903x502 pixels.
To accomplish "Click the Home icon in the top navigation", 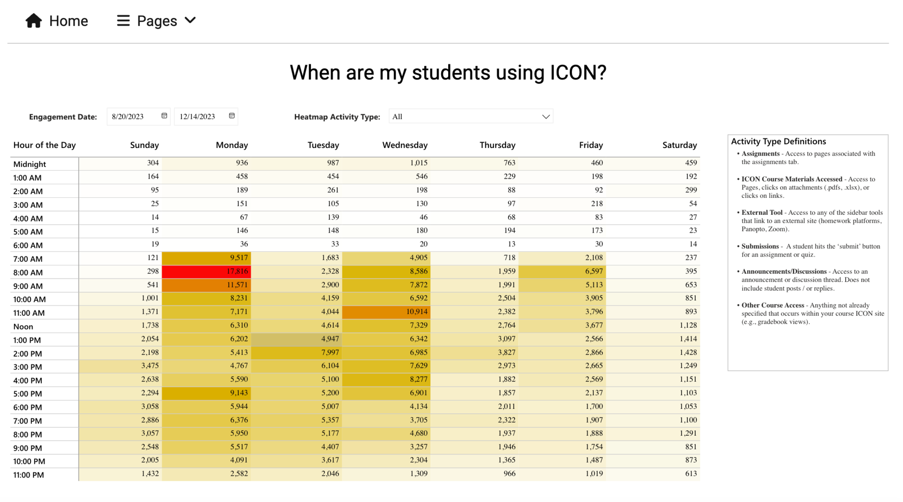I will [x=33, y=21].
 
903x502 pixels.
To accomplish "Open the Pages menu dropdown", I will [x=156, y=21].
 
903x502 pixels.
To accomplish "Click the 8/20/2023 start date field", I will [x=134, y=117].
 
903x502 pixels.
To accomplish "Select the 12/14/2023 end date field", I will [x=202, y=117].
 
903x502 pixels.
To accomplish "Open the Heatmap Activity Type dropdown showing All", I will [x=471, y=117].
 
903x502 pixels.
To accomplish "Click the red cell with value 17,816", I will [x=206, y=271].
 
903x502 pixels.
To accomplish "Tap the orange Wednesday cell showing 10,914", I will [x=386, y=312].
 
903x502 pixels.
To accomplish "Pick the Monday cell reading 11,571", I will [x=206, y=285].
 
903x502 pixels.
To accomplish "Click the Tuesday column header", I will [x=323, y=145].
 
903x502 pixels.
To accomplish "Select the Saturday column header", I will [x=679, y=145].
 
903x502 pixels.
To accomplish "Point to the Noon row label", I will [x=23, y=327].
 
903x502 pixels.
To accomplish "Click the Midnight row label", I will [x=30, y=164].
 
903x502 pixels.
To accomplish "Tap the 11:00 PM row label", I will [x=29, y=475].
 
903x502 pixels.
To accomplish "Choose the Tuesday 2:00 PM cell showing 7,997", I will [x=297, y=353].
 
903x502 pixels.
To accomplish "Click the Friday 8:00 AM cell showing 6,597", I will [x=562, y=271].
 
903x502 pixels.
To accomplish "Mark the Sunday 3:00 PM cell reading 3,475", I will [x=120, y=366].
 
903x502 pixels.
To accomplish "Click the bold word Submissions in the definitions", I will [x=760, y=246].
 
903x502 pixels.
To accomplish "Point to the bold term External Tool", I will [x=762, y=212].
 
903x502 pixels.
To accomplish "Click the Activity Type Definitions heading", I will [x=778, y=141].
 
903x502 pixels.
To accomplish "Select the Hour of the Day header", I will [x=45, y=145].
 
